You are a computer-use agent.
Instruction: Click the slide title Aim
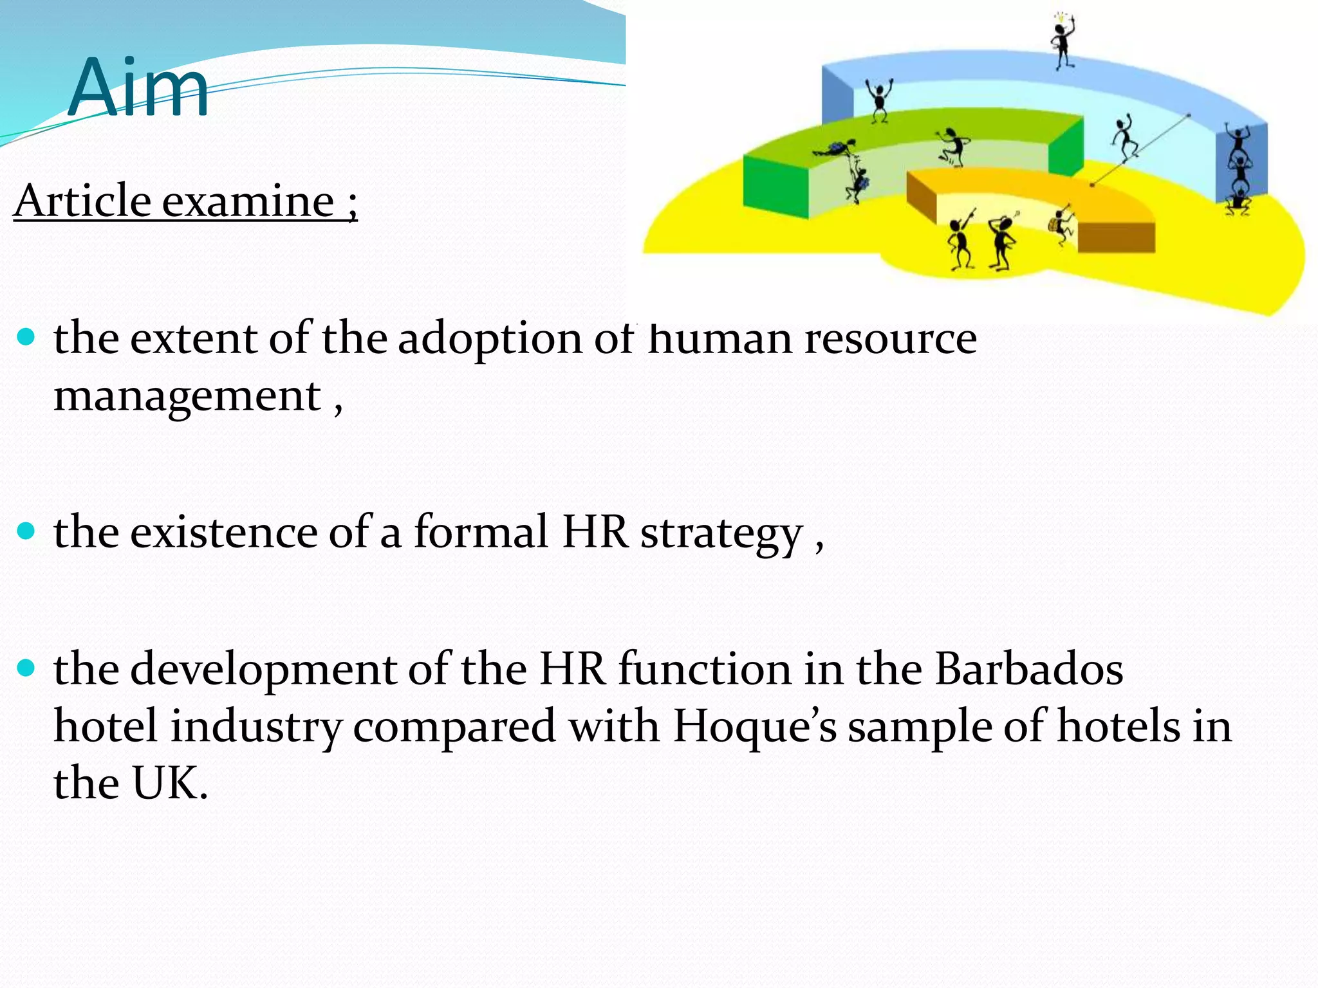(x=138, y=88)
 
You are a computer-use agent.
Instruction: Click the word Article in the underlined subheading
(x=82, y=201)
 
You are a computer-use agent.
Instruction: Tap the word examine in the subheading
(x=247, y=201)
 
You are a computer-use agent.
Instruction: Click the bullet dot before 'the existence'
(x=26, y=531)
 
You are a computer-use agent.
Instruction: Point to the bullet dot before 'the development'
(x=26, y=668)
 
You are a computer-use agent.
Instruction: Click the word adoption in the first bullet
(x=490, y=339)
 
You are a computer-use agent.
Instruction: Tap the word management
(x=187, y=396)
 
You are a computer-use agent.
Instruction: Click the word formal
(x=480, y=532)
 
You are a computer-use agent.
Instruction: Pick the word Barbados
(x=1028, y=669)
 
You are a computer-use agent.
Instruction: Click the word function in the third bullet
(x=705, y=669)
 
